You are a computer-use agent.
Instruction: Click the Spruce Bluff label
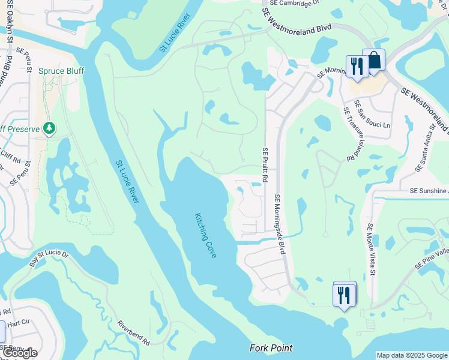pos(61,71)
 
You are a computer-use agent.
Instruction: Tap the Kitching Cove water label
pos(205,236)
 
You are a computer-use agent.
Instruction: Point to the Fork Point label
pos(271,348)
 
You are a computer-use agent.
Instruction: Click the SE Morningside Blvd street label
pos(279,224)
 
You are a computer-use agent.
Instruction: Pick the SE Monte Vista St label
pos(372,250)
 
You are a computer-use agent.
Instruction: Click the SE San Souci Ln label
pos(369,118)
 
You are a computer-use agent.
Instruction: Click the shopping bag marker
pos(374,61)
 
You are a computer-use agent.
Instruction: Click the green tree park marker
pos(50,128)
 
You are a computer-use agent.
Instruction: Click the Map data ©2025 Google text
pos(411,355)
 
